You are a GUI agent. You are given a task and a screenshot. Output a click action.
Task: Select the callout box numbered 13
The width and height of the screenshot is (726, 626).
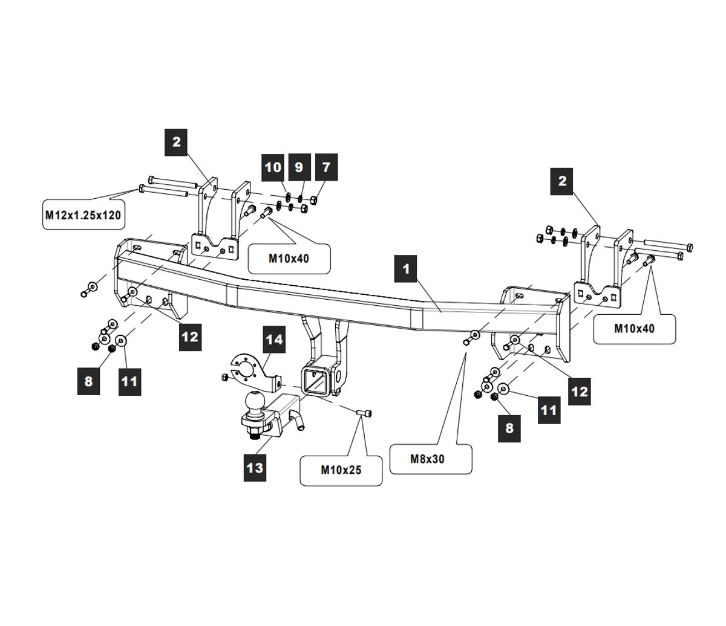point(255,467)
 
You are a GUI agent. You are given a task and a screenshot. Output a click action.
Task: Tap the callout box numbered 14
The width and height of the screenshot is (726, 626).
point(274,340)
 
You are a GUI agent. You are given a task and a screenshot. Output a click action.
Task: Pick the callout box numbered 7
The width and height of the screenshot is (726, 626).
point(326,167)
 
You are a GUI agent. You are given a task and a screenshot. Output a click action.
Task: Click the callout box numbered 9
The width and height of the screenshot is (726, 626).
point(299,167)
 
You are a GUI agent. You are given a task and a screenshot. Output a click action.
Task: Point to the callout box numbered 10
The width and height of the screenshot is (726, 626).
point(273,167)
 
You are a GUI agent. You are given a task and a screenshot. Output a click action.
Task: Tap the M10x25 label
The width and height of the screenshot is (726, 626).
point(341,469)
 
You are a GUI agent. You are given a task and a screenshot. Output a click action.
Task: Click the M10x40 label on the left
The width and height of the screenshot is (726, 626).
point(289,259)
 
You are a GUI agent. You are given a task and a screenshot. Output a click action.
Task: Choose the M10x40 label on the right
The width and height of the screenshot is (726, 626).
point(634,329)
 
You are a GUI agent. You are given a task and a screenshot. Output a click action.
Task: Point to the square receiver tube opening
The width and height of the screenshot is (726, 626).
point(313,380)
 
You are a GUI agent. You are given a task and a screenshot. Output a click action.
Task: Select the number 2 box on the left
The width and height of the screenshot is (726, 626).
point(176,143)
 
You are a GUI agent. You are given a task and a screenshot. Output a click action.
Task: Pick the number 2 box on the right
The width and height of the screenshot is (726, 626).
point(562,181)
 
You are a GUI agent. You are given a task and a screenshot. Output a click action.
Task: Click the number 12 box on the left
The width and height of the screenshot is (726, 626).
point(190,337)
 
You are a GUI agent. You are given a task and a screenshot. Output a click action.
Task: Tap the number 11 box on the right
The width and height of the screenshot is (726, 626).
point(548,410)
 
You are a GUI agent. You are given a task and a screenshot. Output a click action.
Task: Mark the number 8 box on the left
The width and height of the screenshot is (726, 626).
point(89,381)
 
